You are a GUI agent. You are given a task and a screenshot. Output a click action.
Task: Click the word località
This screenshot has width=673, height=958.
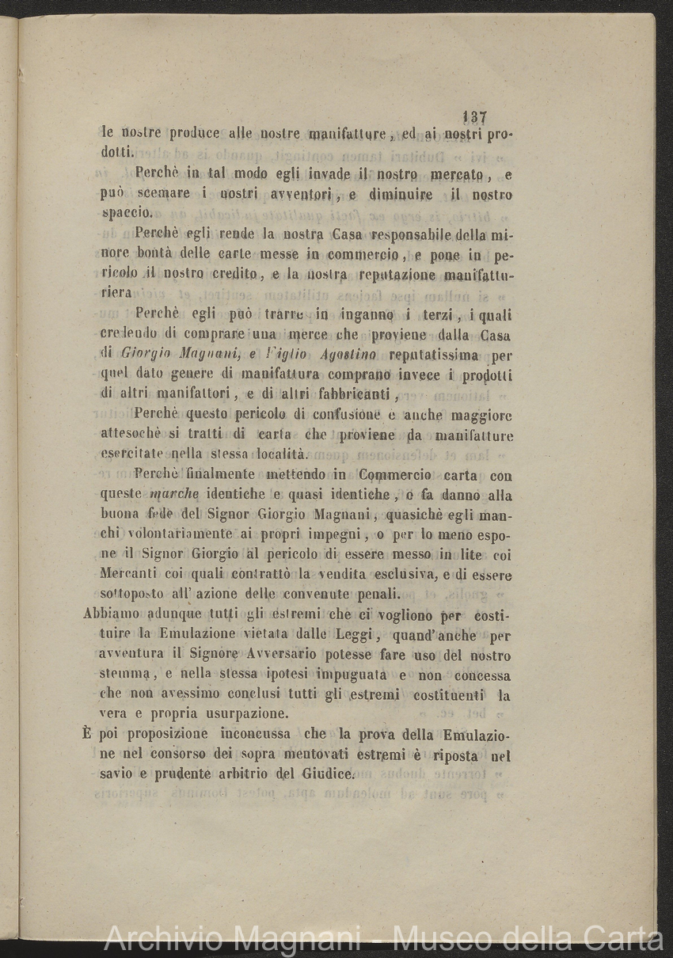283,454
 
